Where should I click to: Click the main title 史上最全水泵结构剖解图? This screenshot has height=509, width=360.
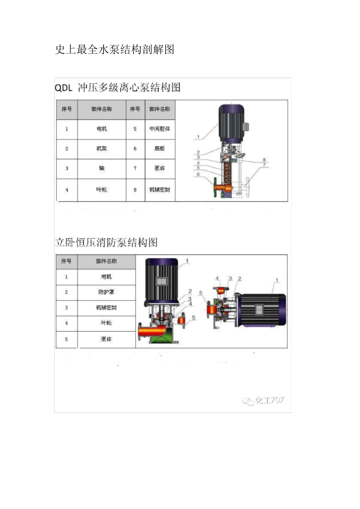point(114,50)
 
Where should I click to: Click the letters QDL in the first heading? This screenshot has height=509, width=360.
point(63,88)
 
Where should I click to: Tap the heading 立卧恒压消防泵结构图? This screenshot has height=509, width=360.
point(106,242)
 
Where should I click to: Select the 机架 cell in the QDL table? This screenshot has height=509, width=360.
point(102,149)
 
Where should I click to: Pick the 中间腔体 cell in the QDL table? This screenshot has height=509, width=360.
point(160,129)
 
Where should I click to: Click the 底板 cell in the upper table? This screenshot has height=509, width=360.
point(160,149)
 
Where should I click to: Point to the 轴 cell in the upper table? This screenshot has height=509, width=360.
point(102,169)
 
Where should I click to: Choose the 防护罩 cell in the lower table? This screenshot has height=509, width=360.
point(106,292)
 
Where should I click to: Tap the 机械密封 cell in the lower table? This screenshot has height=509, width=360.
point(106,308)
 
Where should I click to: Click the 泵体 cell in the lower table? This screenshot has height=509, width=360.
point(106,339)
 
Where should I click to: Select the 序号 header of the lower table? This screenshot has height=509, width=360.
point(66,261)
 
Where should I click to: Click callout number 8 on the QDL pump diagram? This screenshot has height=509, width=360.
point(264,160)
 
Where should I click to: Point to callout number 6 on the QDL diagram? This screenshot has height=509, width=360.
point(198,175)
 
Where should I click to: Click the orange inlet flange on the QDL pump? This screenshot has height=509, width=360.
point(220,187)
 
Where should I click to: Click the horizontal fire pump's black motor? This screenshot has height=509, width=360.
point(261,309)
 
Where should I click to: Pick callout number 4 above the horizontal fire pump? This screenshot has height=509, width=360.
point(217,279)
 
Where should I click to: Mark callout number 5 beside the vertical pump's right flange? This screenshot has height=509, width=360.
point(194,318)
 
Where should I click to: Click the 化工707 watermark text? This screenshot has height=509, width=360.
point(269,400)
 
